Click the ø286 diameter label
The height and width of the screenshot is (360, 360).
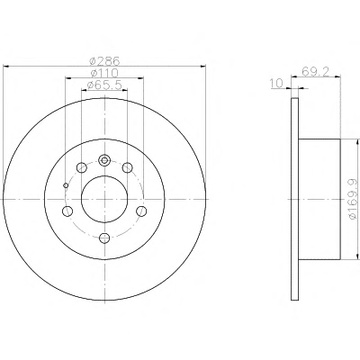(104, 61)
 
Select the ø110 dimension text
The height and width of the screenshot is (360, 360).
(104, 73)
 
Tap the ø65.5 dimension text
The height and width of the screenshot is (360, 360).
(104, 85)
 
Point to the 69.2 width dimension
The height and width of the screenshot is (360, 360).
(316, 71)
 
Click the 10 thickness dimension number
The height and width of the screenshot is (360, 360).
(276, 84)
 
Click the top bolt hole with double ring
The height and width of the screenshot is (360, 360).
(104, 160)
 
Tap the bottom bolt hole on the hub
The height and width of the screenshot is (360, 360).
(104, 238)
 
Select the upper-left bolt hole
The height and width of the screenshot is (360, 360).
(81, 167)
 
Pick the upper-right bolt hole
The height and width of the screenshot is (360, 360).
(128, 167)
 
